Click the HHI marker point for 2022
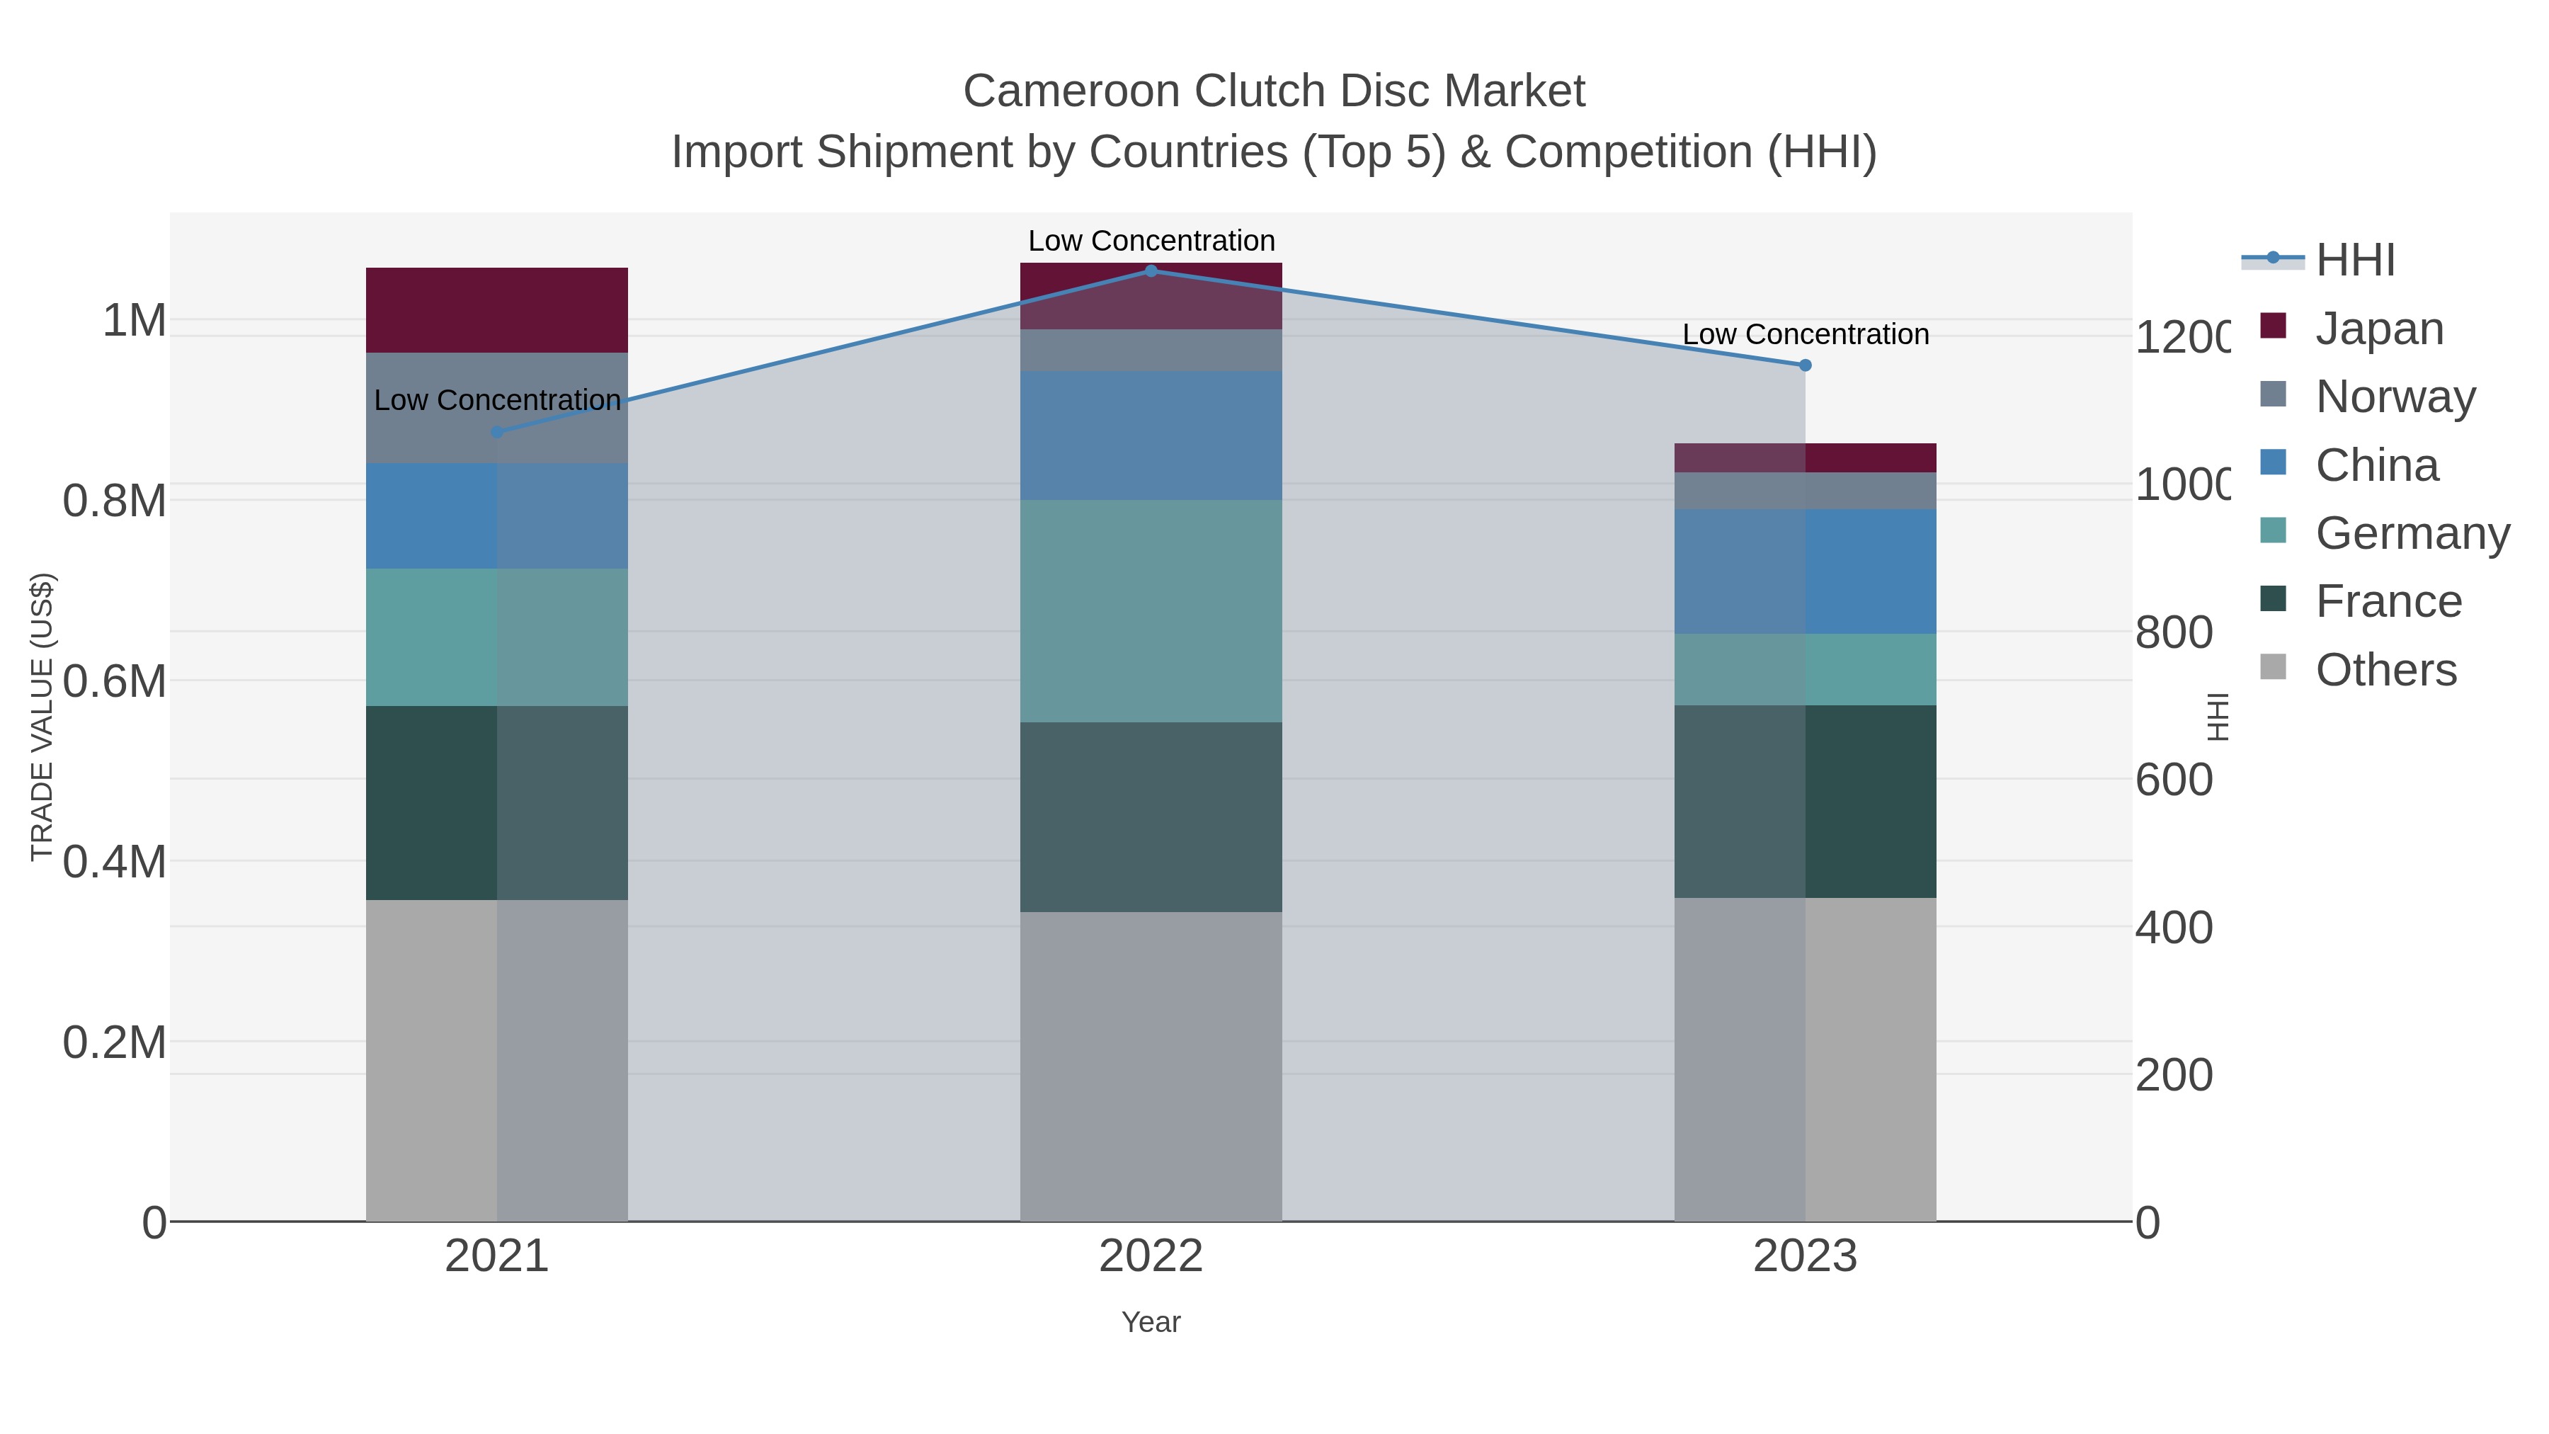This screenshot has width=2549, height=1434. (x=1151, y=271)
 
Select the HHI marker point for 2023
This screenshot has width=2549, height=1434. (x=1805, y=365)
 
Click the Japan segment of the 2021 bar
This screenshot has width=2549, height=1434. (x=497, y=309)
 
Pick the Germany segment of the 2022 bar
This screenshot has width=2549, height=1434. (x=1151, y=610)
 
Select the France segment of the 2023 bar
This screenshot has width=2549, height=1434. (x=1805, y=802)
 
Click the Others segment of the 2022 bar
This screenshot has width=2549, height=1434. (x=1151, y=1066)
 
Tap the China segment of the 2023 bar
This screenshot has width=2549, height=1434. (x=1805, y=572)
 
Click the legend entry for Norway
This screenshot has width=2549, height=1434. (x=2395, y=397)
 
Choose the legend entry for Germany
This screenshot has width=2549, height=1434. (x=2412, y=533)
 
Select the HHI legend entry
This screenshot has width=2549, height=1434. (x=2354, y=261)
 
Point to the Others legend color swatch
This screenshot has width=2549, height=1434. (x=2274, y=668)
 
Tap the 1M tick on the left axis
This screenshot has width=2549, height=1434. (x=134, y=321)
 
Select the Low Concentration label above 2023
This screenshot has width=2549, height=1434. (x=1805, y=334)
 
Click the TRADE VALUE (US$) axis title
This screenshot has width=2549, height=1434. (x=42, y=717)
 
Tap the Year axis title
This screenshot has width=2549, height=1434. (x=1151, y=1322)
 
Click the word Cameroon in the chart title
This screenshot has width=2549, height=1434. (x=1073, y=91)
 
